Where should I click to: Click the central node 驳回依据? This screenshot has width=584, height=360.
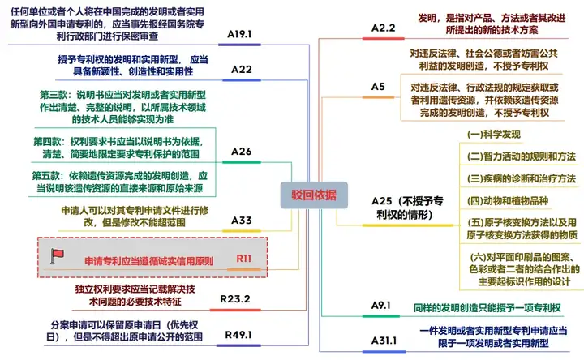314,195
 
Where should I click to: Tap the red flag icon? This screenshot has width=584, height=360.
57,256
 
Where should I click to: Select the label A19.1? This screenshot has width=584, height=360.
239,34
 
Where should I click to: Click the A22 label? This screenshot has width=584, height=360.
242,70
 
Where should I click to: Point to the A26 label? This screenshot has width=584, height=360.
242,152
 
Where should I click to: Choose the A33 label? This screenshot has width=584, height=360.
242,221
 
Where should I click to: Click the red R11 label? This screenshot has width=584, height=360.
244,259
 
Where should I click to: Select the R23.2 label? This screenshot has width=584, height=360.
235,299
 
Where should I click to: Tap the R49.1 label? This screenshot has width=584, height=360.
238,335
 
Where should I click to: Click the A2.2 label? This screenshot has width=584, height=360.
383,28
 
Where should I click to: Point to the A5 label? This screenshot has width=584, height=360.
378,87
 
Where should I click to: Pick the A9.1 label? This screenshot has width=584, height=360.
381,306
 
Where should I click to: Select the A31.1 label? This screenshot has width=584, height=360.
384,341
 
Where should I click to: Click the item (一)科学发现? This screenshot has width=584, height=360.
494,135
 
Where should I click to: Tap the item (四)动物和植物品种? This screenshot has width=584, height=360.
508,201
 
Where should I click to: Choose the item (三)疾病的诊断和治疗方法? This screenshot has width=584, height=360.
522,178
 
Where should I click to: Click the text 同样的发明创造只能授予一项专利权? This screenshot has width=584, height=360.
487,308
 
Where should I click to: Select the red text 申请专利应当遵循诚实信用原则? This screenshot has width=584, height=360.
149,261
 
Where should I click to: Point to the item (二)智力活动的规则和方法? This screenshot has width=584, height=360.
522,156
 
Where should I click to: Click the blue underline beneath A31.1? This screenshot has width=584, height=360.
384,351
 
